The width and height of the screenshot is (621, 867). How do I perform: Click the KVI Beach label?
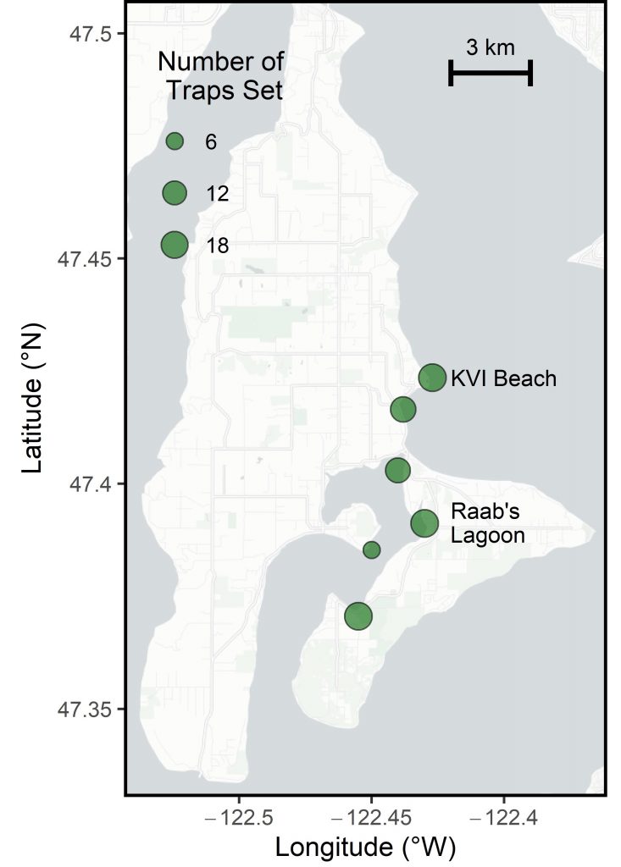[503, 378]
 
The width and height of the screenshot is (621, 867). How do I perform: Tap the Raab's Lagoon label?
[487, 523]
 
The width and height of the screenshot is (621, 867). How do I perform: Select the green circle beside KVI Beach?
[432, 378]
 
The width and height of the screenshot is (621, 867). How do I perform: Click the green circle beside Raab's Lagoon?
[424, 523]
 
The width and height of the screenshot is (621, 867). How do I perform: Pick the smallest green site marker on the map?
[372, 550]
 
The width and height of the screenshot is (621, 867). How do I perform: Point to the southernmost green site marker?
[359, 616]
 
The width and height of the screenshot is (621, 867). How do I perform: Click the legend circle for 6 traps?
[175, 141]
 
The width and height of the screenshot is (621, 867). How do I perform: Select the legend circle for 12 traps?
[175, 193]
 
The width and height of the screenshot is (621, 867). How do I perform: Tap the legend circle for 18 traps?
[175, 245]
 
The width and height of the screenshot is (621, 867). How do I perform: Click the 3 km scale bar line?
[490, 73]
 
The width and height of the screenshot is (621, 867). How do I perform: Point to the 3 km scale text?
[490, 47]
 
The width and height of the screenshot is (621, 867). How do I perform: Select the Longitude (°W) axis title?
[365, 848]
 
